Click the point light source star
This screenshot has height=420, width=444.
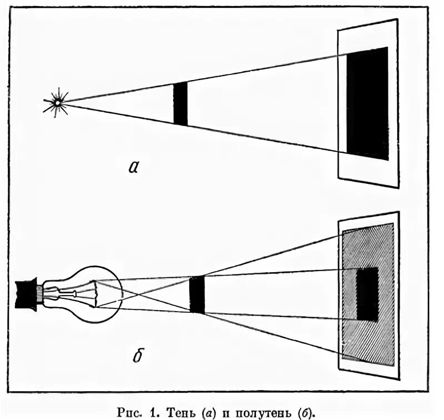56,102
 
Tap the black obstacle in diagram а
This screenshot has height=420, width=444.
180,103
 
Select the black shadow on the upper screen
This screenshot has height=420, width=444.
367,103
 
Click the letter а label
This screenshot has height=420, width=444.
133,167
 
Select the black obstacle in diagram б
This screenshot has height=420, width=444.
197,294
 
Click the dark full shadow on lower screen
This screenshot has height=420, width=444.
367,293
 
